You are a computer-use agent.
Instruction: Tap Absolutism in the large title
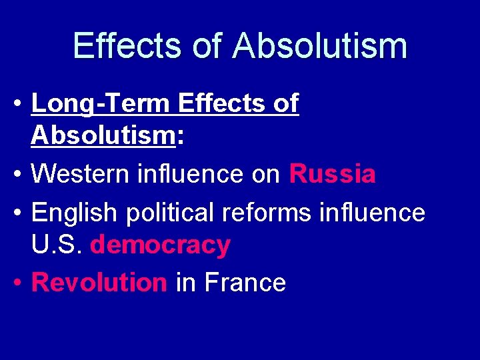point(320,46)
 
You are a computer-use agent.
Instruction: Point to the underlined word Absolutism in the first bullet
point(102,137)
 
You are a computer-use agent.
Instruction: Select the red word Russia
point(332,175)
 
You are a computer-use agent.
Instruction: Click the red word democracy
point(160,245)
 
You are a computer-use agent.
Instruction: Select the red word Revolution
point(99,283)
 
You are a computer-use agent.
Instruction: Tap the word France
point(245,283)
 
